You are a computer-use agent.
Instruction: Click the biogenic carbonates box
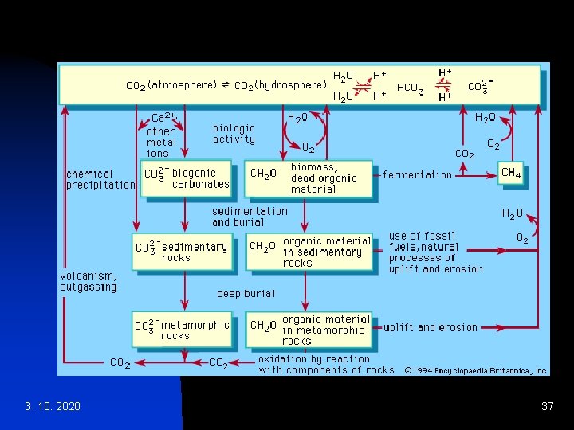tap(186, 178)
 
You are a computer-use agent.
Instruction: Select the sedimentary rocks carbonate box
tap(181, 252)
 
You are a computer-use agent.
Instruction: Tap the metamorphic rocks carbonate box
tap(181, 330)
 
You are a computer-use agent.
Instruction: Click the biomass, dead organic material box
tap(309, 178)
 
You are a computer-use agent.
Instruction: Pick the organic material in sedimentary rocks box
tap(309, 252)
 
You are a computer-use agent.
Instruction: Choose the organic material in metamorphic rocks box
tap(309, 330)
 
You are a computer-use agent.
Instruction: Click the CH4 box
tap(511, 174)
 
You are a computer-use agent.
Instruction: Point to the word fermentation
tap(417, 174)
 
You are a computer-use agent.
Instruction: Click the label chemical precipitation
tap(100, 179)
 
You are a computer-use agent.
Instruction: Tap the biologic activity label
tap(234, 133)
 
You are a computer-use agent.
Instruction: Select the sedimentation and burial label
tap(250, 217)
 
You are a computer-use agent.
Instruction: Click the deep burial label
tap(246, 293)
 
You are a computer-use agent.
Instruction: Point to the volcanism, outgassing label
tap(88, 281)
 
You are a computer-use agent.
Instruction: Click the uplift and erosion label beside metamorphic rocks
tap(431, 327)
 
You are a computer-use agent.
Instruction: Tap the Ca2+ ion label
tap(163, 118)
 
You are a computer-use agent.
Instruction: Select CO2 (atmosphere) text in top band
tap(172, 84)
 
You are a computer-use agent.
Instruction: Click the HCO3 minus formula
tap(410, 88)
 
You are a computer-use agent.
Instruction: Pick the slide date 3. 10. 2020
tap(53, 407)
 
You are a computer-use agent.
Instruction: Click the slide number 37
tap(547, 407)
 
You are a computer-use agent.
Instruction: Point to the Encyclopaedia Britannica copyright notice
tap(476, 370)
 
